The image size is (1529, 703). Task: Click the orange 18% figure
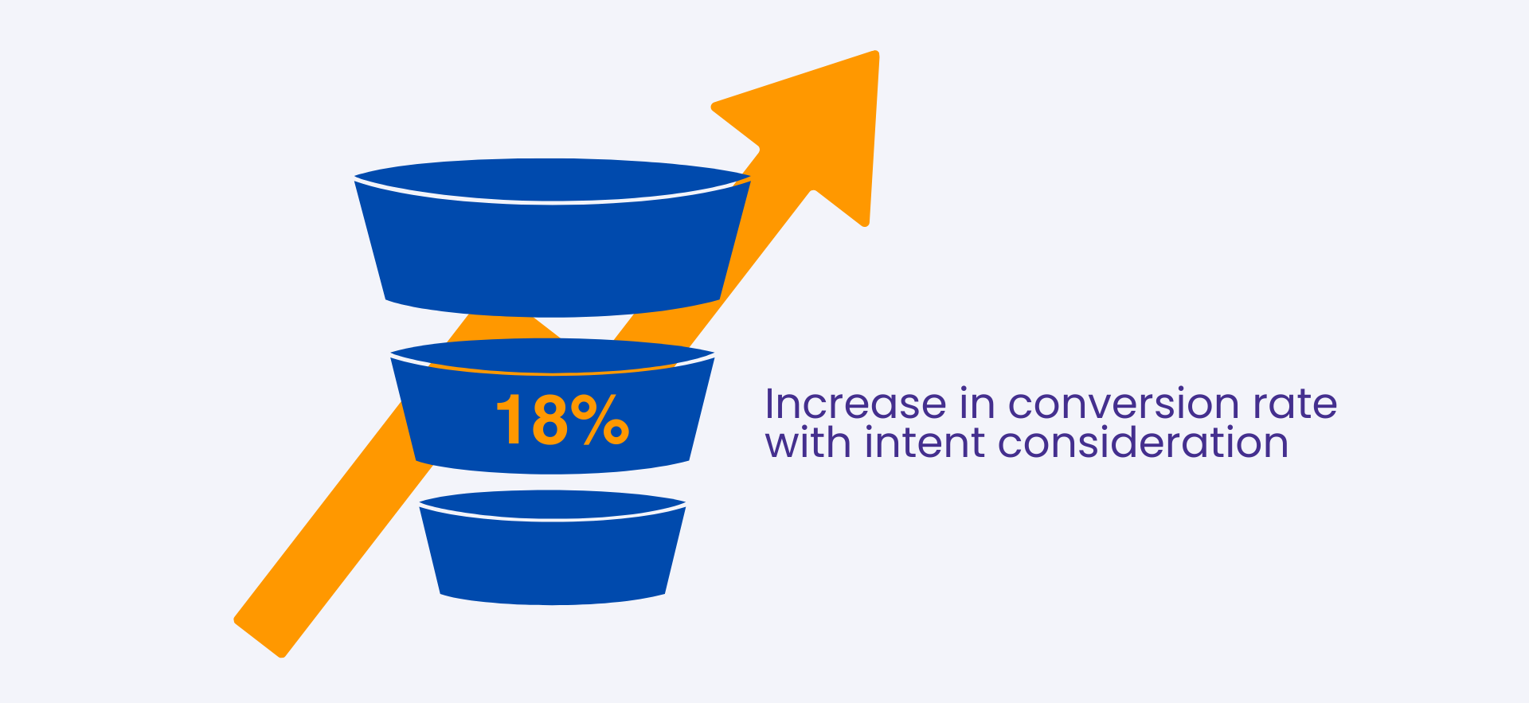(x=563, y=420)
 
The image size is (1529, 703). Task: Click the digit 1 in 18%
(x=510, y=420)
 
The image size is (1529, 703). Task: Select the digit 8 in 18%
(x=549, y=420)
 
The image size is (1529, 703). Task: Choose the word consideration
(x=1143, y=442)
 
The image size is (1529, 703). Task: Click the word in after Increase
(x=977, y=404)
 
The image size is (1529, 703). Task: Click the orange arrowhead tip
(x=877, y=53)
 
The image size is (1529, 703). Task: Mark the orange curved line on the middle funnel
(x=553, y=373)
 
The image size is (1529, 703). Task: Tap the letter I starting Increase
(x=769, y=404)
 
